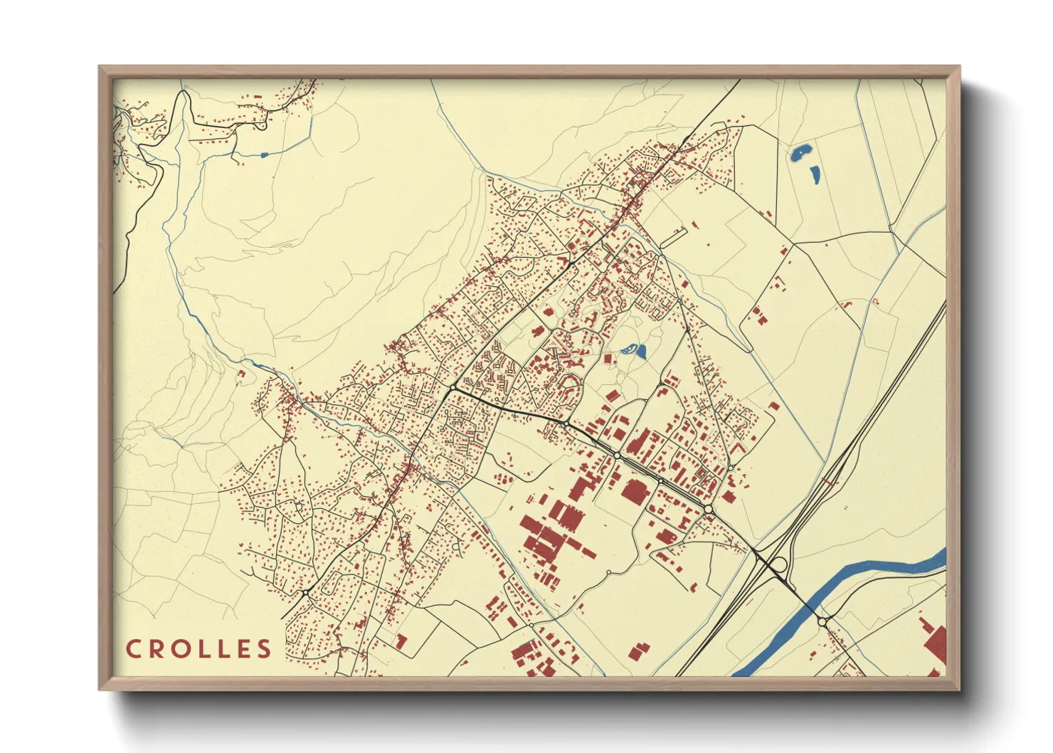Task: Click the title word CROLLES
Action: [199, 648]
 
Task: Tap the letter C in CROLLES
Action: [133, 648]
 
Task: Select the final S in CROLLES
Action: [264, 648]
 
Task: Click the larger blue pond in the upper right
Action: [800, 152]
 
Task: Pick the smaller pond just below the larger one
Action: [813, 174]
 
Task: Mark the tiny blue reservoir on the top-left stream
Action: [265, 154]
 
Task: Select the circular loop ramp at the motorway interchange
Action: [778, 566]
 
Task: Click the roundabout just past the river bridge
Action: [822, 622]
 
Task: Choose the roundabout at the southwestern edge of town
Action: [305, 593]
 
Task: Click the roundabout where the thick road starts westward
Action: [453, 387]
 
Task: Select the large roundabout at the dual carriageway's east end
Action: [709, 509]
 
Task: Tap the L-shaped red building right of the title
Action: [401, 641]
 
